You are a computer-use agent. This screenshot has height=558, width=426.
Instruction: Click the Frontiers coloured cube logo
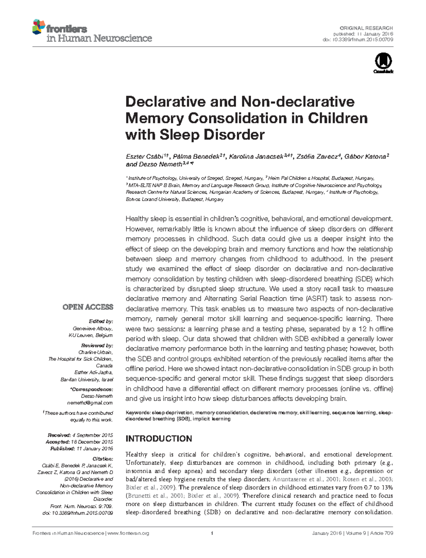39,27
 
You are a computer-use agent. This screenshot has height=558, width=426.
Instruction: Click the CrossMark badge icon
383,62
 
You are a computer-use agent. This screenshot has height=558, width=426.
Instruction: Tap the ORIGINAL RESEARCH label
366,28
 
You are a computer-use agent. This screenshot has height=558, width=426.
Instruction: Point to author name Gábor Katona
365,157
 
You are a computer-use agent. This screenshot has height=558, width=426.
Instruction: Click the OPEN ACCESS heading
88,307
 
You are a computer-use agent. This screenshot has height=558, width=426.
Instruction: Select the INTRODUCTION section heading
159,439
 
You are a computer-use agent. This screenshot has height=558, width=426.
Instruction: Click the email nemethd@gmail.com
90,403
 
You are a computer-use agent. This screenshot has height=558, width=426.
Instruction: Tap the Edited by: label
101,321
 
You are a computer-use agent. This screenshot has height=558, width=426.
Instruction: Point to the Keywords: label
138,413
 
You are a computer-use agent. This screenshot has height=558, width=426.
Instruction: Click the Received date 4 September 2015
92,435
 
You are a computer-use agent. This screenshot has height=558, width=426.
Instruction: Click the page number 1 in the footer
212,533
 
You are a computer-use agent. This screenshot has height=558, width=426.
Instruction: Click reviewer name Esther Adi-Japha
93,372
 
